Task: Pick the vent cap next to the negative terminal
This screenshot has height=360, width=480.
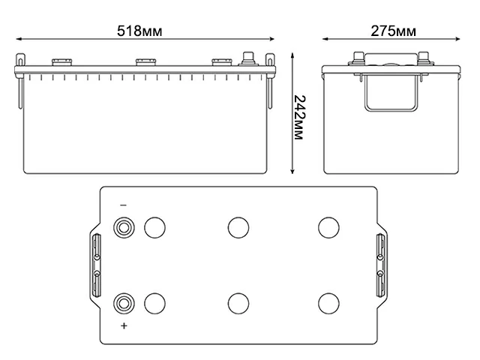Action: point(154,226)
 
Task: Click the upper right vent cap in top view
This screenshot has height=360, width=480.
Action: point(328,226)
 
